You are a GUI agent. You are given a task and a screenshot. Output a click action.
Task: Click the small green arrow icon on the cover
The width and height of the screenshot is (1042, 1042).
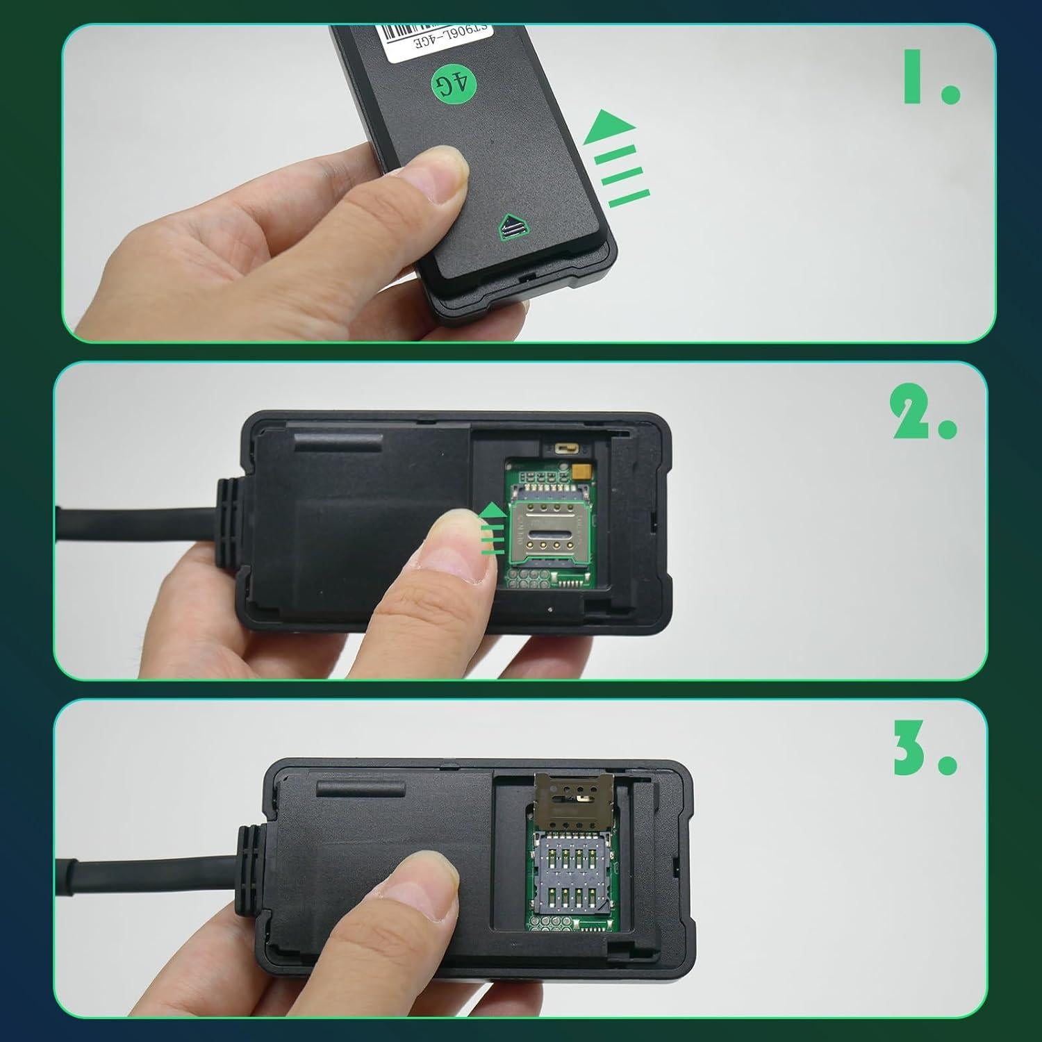click(x=512, y=226)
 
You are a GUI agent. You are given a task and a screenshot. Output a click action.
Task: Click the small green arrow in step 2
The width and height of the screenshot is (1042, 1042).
click(x=491, y=531)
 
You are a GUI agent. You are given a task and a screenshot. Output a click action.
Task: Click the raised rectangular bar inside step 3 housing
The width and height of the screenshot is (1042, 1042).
click(x=361, y=788)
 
